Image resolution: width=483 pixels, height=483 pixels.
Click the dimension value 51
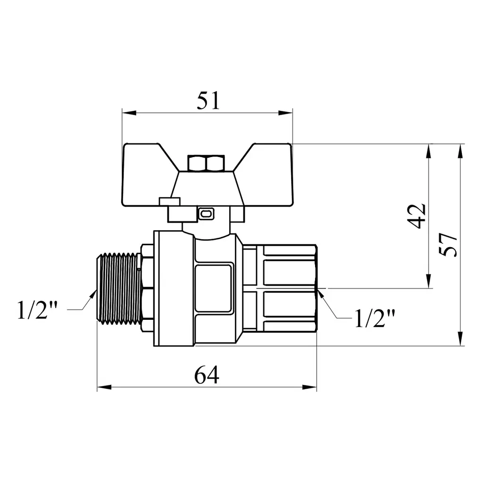pyautogui.click(x=208, y=101)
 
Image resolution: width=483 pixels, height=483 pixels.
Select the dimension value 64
pyautogui.click(x=207, y=375)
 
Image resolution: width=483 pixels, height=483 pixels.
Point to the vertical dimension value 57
pyautogui.click(x=448, y=245)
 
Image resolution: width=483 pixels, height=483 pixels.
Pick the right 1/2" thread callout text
pyautogui.click(x=375, y=318)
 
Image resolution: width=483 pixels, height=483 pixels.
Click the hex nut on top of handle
pyautogui.click(x=206, y=163)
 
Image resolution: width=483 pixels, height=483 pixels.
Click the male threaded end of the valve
pyautogui.click(x=119, y=288)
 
